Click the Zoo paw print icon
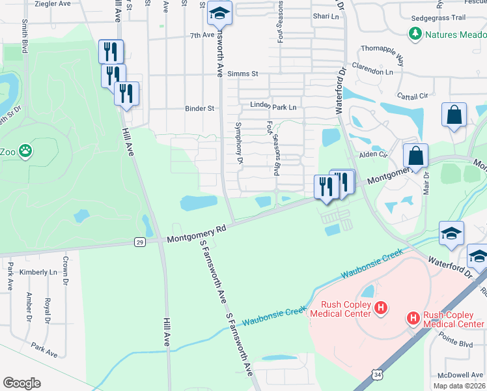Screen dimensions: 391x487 (25, 152)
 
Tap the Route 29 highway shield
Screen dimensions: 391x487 (140, 242)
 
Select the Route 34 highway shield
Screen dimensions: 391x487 (378, 374)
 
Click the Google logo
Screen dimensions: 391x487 (21, 383)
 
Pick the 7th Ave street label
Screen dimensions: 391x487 (202, 35)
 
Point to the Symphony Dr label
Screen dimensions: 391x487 (239, 143)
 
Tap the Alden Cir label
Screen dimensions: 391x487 (374, 155)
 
